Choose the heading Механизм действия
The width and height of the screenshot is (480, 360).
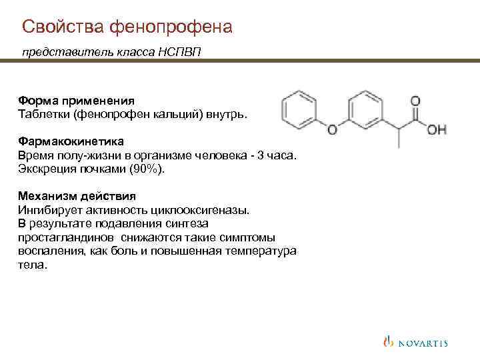point(77,197)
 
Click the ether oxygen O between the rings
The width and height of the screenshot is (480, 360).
point(332,129)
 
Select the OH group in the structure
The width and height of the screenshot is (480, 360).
point(437,129)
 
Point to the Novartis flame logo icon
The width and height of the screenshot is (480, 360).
point(389,342)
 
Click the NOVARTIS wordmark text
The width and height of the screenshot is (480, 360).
point(423,343)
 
